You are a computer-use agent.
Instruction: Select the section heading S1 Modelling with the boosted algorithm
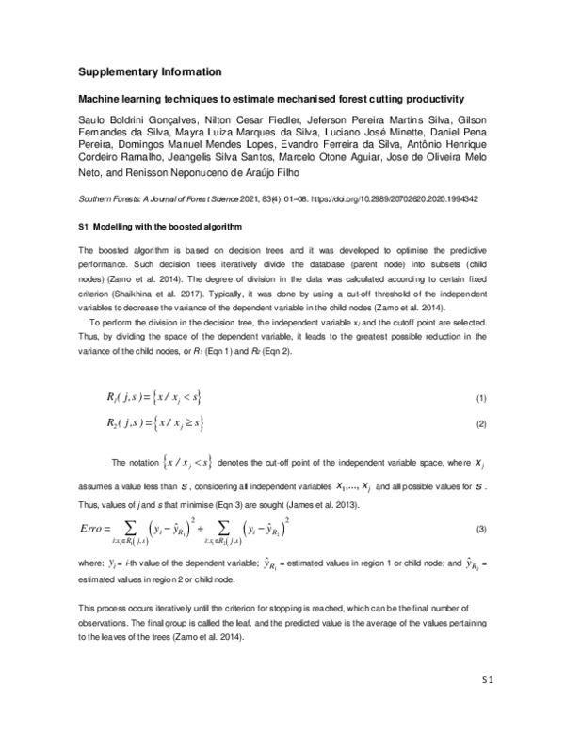point(157,229)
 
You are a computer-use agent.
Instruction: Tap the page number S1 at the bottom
point(488,678)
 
